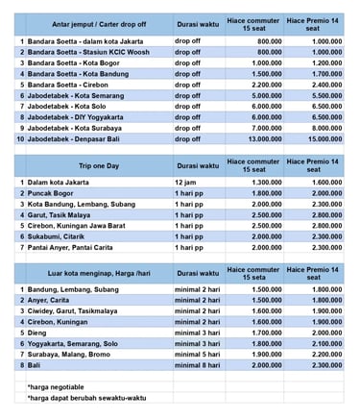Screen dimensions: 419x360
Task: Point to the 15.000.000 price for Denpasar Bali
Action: pos(323,137)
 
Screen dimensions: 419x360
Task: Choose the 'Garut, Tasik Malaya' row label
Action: pos(66,214)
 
